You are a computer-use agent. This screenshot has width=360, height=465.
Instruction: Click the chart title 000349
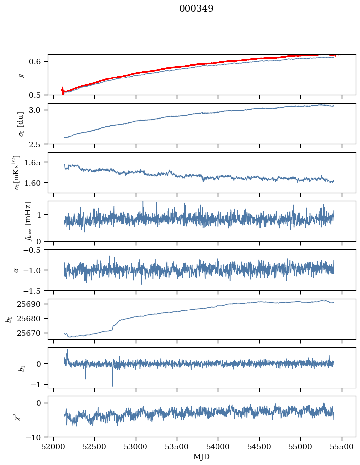[196, 9]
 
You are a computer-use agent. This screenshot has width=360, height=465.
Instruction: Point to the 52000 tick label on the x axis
[54, 447]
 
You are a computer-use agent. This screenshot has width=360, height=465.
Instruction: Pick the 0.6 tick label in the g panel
[39, 61]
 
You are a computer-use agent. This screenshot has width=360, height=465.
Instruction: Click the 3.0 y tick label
[39, 110]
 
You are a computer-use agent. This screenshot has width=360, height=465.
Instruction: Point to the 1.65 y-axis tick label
[37, 162]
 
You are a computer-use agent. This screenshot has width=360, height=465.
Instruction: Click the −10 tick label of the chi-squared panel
[37, 437]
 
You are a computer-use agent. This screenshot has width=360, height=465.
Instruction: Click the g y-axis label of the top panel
[21, 75]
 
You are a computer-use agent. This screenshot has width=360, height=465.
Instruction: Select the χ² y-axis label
[20, 416]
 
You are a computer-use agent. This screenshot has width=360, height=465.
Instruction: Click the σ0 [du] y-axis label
[21, 124]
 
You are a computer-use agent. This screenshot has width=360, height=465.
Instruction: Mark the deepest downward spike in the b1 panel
[112, 385]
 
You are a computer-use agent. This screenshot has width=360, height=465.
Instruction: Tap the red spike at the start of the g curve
[62, 90]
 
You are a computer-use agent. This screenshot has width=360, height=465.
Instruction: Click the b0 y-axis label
[9, 319]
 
